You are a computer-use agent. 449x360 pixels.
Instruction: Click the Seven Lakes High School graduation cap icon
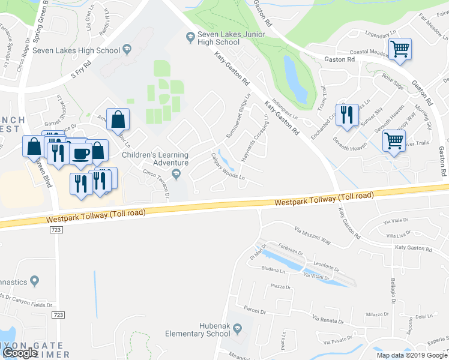tap(127, 49)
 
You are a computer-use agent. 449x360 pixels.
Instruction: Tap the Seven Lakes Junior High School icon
tap(190, 37)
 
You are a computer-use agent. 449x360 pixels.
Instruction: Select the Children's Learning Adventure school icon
tap(176, 174)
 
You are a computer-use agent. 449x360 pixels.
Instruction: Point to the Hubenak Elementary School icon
tap(238, 328)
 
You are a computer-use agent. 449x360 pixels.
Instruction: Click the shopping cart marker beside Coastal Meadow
tap(399, 49)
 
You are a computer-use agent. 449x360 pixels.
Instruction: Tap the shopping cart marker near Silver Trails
tap(394, 142)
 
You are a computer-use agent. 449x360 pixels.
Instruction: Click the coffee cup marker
tap(80, 153)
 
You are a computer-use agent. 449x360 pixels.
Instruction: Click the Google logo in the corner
tap(20, 353)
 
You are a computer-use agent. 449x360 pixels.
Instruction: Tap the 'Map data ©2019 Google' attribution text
tap(412, 355)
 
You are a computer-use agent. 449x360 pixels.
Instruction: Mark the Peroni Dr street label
tap(255, 309)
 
